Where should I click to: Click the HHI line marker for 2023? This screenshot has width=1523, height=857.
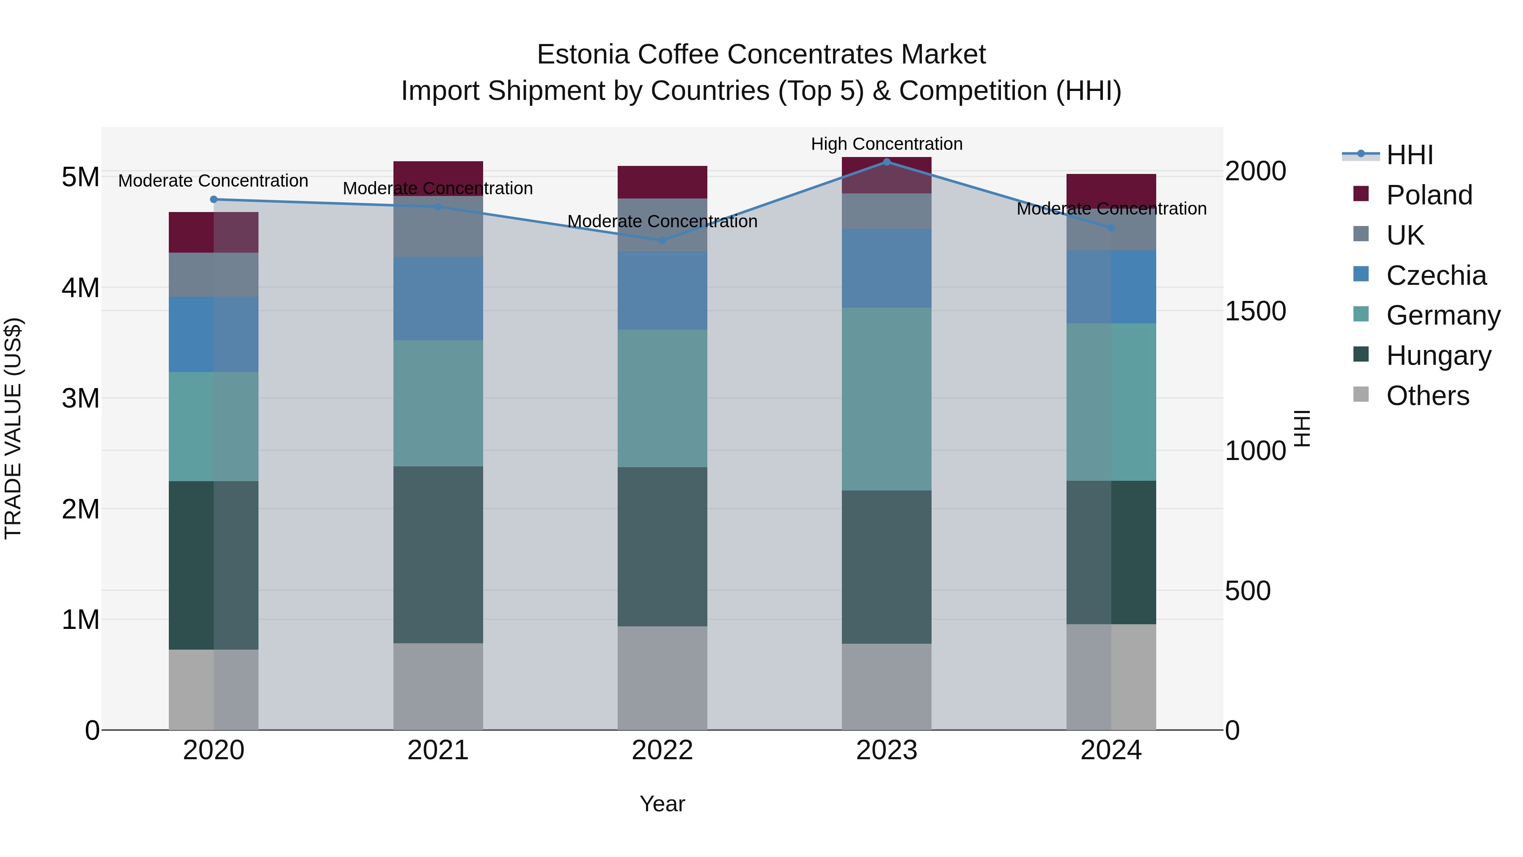pyautogui.click(x=886, y=162)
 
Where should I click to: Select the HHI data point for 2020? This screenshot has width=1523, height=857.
pyautogui.click(x=214, y=199)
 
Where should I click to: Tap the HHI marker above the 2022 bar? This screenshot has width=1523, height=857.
pyautogui.click(x=662, y=240)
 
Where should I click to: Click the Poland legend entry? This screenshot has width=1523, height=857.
pyautogui.click(x=1429, y=195)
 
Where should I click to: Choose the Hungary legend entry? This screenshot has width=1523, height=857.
pyautogui.click(x=1438, y=355)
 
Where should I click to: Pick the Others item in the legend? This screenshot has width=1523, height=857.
pyautogui.click(x=1427, y=396)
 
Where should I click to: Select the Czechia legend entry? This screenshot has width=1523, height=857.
pyautogui.click(x=1435, y=276)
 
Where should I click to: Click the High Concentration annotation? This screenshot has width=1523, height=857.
pyautogui.click(x=886, y=144)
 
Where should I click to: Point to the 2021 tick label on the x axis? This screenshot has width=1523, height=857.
pyautogui.click(x=438, y=750)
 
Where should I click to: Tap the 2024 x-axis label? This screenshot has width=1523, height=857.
pyautogui.click(x=1111, y=750)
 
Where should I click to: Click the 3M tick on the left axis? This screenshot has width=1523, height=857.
pyautogui.click(x=80, y=398)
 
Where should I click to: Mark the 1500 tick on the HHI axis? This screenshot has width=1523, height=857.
pyautogui.click(x=1255, y=311)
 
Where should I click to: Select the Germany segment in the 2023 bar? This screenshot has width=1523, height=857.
pyautogui.click(x=886, y=399)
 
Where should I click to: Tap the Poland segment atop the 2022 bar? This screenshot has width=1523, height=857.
pyautogui.click(x=662, y=182)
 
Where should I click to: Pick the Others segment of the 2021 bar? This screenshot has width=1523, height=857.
pyautogui.click(x=438, y=686)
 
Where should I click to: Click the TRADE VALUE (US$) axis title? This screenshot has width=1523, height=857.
pyautogui.click(x=13, y=428)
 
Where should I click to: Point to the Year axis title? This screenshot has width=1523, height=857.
pyautogui.click(x=662, y=804)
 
